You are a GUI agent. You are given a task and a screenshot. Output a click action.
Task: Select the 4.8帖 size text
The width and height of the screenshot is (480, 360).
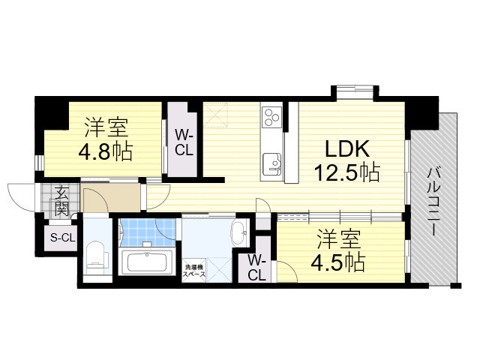(106, 151)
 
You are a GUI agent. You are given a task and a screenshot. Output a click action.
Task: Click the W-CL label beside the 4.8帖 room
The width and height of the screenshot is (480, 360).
(184, 142)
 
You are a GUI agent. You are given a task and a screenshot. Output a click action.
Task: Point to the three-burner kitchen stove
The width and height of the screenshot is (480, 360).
(271, 116)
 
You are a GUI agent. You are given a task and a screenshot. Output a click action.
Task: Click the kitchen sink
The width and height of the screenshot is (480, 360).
(271, 161)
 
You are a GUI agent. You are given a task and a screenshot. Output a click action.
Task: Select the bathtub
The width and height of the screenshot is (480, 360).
(148, 262)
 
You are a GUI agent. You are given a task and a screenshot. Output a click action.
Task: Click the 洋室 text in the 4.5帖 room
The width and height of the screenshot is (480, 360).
(337, 240)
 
